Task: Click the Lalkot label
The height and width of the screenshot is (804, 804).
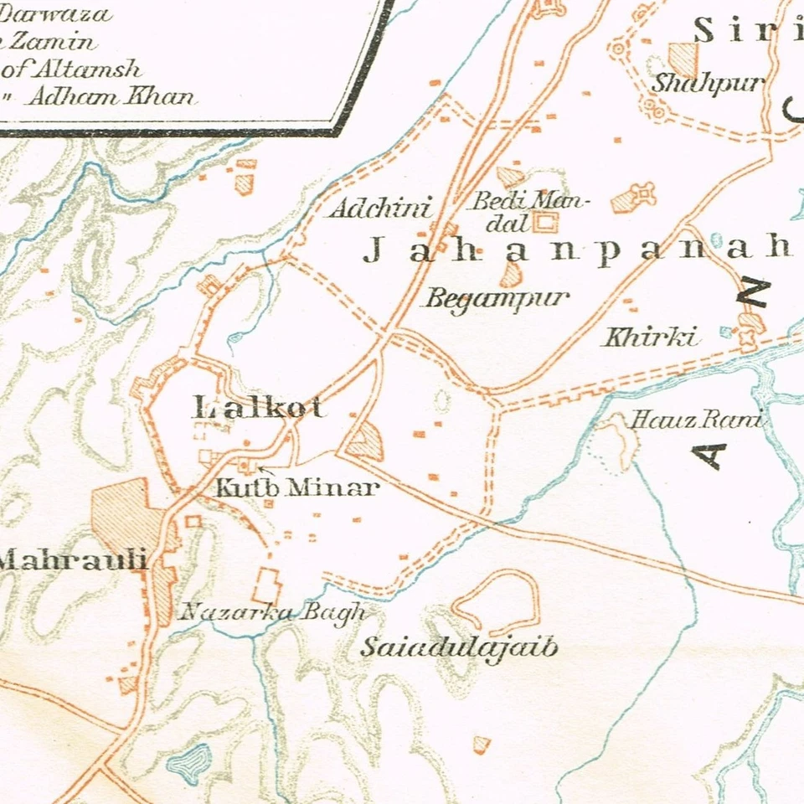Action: [258, 409]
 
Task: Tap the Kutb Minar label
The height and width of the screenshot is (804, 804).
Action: [297, 488]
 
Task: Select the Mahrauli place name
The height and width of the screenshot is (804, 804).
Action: [74, 560]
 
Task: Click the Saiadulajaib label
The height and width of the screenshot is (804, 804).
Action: [458, 648]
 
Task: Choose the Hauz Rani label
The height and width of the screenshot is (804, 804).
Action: [696, 420]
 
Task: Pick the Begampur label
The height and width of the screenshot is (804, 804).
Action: [496, 298]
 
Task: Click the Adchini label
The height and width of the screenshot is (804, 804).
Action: [380, 209]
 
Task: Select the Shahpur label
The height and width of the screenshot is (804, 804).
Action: [709, 84]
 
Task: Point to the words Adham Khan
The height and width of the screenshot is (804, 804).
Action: [112, 95]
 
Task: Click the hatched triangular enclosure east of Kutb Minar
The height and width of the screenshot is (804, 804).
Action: [367, 441]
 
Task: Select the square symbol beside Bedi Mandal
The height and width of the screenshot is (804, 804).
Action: [545, 223]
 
